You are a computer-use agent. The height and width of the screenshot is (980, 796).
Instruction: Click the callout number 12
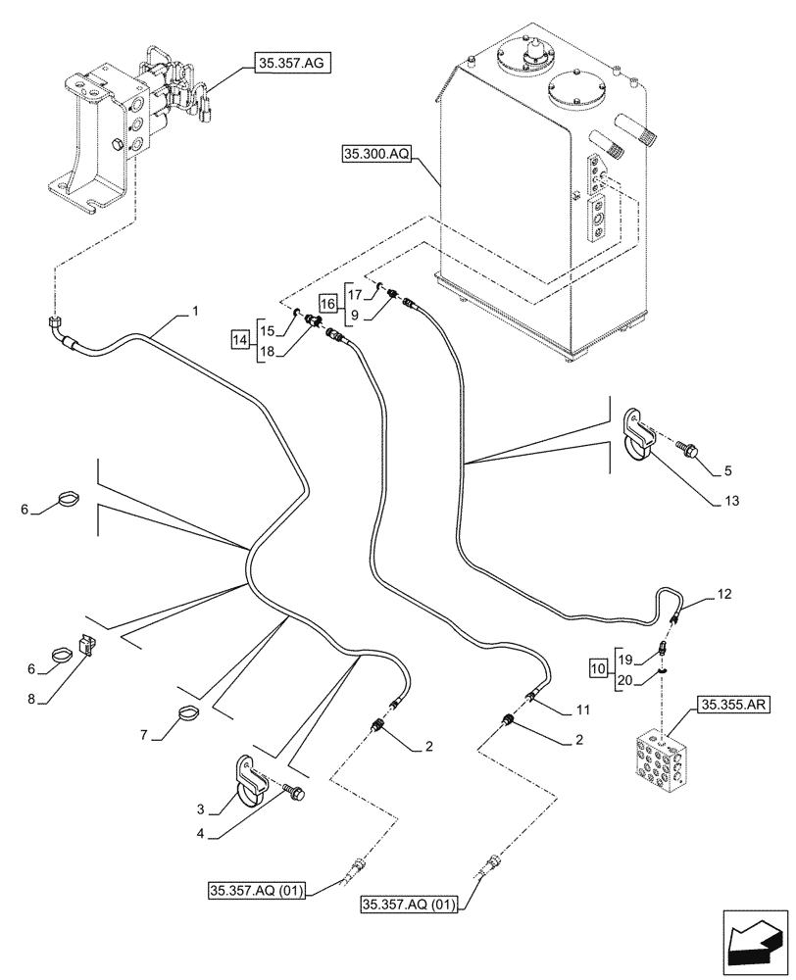pos(723,594)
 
